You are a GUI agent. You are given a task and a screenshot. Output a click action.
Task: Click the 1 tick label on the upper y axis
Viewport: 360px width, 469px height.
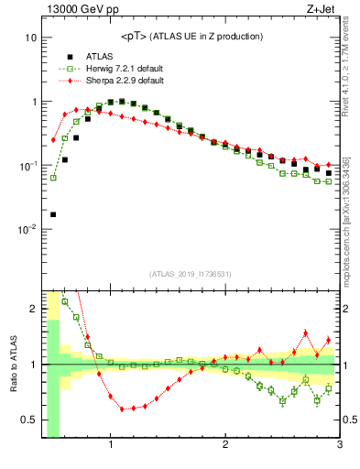click(33, 102)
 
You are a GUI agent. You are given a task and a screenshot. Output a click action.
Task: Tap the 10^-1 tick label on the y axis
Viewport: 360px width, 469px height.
click(28, 165)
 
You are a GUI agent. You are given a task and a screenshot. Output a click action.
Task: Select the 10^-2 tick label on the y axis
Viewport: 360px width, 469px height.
click(28, 229)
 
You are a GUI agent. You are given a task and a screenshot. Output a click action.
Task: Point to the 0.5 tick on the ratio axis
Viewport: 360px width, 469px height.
click(28, 420)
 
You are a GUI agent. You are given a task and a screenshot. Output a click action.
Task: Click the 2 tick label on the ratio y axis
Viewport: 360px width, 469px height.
click(33, 309)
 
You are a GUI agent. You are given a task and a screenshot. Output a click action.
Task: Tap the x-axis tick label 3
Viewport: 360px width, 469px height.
click(339, 446)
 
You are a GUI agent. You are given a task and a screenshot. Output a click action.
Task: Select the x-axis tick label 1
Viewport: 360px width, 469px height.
click(111, 446)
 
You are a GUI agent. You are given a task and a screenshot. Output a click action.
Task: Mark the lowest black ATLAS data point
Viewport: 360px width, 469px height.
click(53, 214)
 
